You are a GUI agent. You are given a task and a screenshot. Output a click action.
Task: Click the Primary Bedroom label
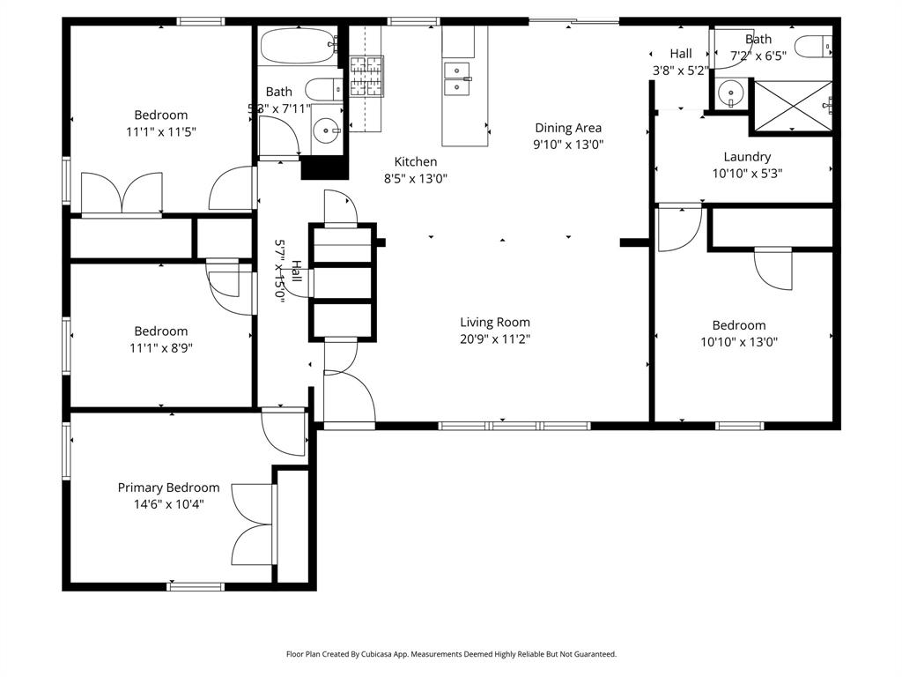click(168, 487)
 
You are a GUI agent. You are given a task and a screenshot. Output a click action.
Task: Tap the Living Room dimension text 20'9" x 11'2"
click(495, 338)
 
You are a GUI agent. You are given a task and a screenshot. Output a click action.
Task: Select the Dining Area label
click(568, 128)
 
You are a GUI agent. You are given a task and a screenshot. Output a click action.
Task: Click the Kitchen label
click(415, 161)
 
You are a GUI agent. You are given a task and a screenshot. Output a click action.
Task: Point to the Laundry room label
click(746, 157)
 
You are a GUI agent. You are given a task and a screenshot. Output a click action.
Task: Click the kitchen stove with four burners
click(366, 75)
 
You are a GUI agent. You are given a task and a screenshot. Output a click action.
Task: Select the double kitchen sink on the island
click(457, 78)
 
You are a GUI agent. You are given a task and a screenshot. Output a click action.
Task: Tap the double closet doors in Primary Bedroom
click(254, 525)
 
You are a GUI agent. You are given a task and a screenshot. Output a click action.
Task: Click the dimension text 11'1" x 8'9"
click(160, 347)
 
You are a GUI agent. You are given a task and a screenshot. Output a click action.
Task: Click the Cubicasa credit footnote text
click(451, 654)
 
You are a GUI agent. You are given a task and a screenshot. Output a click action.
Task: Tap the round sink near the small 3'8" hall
click(729, 92)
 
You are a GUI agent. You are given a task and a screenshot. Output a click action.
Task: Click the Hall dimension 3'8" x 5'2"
click(679, 70)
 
